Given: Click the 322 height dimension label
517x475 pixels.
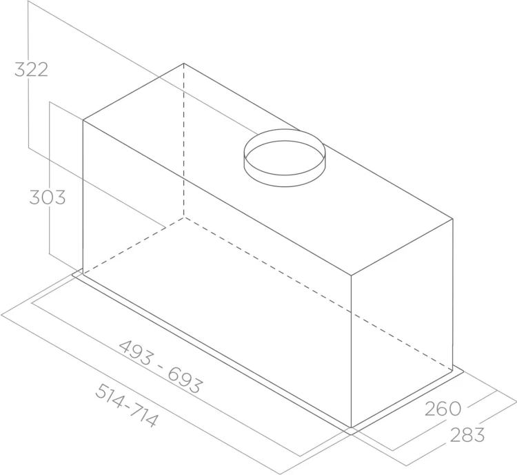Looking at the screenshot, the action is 31,70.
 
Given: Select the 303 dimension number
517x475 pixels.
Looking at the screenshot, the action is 48,197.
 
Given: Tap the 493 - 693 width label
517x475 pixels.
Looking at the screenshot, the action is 160,367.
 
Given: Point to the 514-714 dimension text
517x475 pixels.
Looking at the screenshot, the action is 126,406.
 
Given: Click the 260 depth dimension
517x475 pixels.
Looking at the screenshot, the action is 443,409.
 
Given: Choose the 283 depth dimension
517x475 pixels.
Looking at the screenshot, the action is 467,435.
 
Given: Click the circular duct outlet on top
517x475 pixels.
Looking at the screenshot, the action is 285,158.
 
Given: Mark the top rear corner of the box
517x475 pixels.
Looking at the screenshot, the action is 183,63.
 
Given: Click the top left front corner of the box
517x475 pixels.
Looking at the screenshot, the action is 83,120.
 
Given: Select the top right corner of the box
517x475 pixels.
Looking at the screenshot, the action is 453,219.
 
